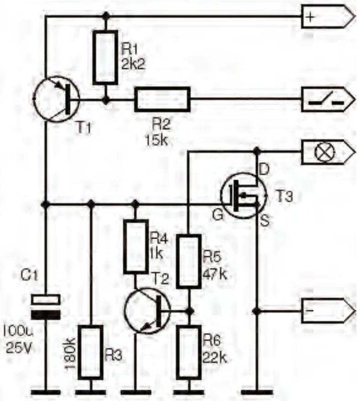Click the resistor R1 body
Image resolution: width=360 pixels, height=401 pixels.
tap(105, 57)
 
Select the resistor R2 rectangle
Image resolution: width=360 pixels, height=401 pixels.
tap(162, 99)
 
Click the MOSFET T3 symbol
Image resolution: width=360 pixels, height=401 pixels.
tap(244, 196)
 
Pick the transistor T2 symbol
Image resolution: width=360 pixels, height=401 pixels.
tap(147, 311)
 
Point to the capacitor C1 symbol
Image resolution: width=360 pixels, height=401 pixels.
tap(46, 307)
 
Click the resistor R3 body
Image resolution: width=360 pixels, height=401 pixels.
tap(91, 352)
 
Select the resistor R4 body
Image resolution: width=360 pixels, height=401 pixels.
tap(136, 247)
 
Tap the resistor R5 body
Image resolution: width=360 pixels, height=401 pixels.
tap(189, 261)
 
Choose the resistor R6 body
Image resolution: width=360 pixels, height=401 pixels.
tap(189, 352)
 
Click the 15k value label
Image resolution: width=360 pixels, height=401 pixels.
tap(157, 141)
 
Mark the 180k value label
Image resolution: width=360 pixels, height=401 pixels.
tap(70, 354)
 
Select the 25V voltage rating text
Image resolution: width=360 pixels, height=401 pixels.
tap(18, 348)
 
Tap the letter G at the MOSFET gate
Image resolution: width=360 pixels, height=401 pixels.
tap(218, 215)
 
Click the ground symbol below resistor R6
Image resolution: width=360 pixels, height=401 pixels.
tap(189, 392)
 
